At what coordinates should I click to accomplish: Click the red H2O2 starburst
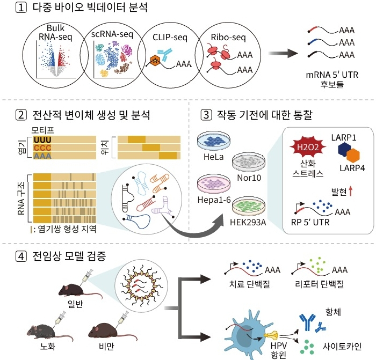point(306,146)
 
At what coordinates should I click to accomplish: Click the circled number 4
point(21,256)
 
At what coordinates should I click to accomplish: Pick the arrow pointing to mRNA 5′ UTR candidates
point(284,54)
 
